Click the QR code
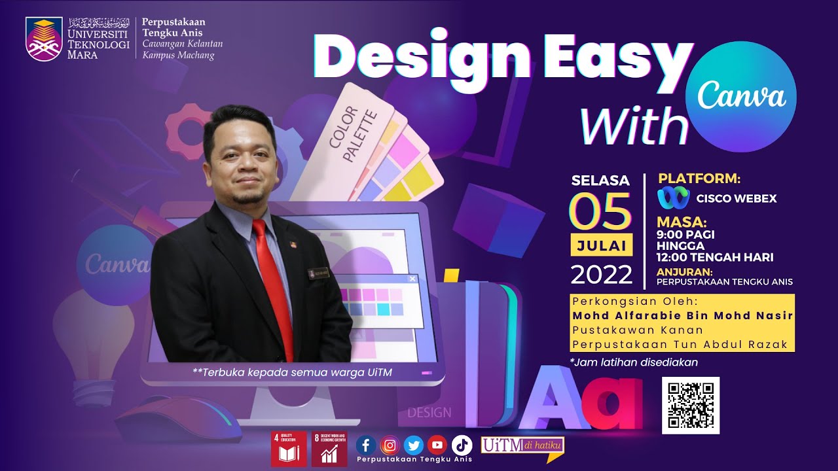click(x=690, y=405)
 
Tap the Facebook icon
click(x=365, y=445)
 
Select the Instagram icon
click(x=390, y=445)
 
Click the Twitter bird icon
click(x=413, y=445)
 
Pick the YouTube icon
click(x=437, y=445)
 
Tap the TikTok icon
click(x=461, y=445)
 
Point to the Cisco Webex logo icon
click(x=674, y=198)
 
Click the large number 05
click(x=600, y=211)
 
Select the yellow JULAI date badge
click(x=600, y=246)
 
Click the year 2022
click(x=601, y=274)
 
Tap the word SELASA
click(x=600, y=181)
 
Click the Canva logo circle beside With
click(x=740, y=96)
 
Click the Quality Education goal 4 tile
click(x=289, y=449)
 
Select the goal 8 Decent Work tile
click(x=329, y=449)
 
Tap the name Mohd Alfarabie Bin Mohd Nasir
click(x=683, y=315)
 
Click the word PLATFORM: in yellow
click(x=699, y=179)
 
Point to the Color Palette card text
click(x=352, y=135)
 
